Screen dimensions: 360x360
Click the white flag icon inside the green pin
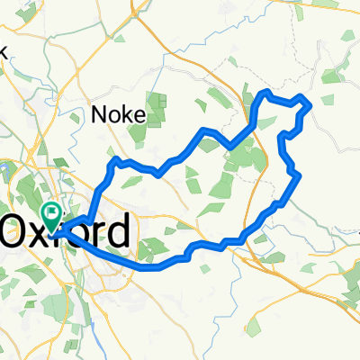51,212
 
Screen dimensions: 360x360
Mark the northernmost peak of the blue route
265,92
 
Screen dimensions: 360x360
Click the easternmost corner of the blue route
310,106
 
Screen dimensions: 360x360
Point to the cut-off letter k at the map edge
3,51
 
